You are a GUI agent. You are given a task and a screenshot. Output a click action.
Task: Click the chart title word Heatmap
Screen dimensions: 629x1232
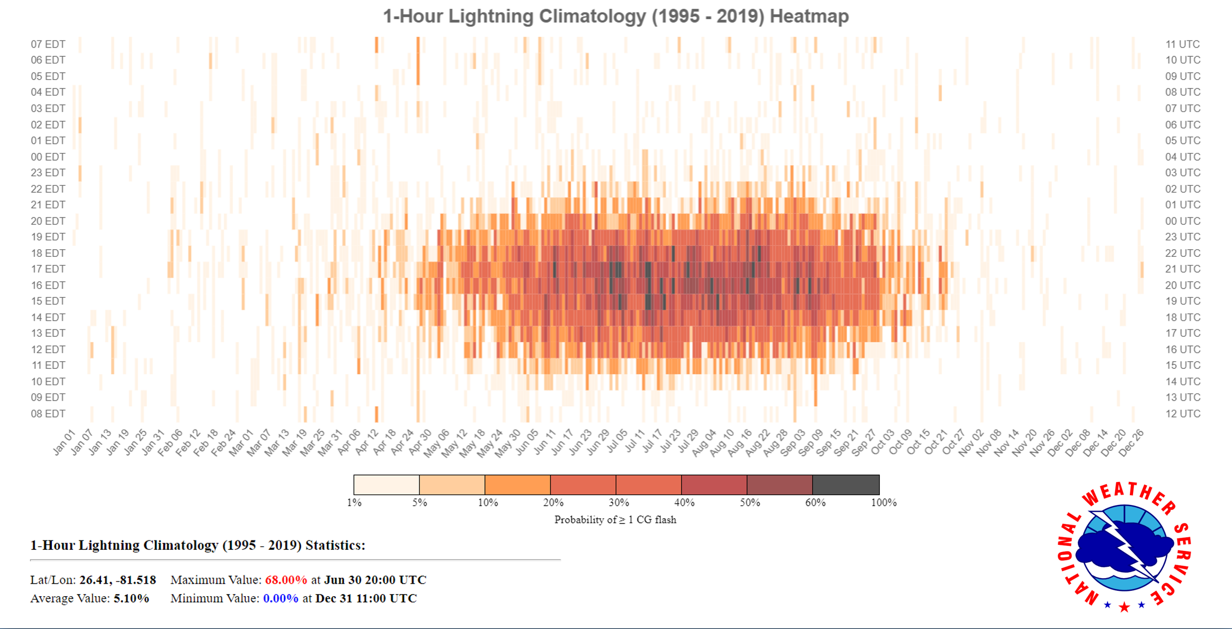(809, 16)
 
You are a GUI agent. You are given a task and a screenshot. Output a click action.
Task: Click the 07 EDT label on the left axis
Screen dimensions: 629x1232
(48, 44)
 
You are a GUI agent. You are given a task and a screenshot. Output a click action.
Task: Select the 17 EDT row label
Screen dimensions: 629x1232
(48, 269)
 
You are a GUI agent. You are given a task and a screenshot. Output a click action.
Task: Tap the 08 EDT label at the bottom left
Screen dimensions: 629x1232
(48, 414)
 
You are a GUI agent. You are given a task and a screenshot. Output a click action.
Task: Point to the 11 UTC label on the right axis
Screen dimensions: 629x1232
(1183, 44)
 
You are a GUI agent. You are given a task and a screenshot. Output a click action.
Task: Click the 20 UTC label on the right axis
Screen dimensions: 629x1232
(1183, 285)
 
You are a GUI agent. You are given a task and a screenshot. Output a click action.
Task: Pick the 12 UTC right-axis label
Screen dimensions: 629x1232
(1183, 414)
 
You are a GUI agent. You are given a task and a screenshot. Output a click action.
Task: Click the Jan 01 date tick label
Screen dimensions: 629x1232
(64, 443)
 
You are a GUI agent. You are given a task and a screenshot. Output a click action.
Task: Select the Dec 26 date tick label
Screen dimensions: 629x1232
(1131, 443)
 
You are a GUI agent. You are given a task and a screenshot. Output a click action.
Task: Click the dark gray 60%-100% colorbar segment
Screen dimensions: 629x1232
(846, 485)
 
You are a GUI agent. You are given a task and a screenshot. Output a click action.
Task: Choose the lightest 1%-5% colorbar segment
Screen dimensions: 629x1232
(386, 485)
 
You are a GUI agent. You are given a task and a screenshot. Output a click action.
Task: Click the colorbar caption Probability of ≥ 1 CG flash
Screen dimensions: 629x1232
(615, 520)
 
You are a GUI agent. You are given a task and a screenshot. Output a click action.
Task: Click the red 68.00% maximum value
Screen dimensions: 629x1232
(286, 580)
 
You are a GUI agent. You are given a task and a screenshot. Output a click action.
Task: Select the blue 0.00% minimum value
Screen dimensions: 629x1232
(281, 598)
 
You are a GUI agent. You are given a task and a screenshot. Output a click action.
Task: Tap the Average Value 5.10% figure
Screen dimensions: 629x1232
(131, 598)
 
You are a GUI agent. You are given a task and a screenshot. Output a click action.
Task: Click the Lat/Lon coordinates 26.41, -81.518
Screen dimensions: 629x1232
(117, 580)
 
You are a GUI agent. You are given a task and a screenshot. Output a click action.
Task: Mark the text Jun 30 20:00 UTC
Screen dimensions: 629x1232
(375, 580)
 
